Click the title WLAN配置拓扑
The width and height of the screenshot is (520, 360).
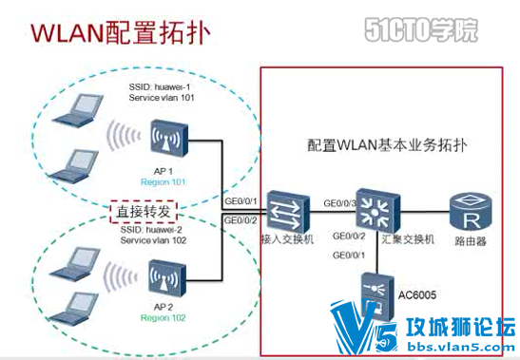coord(118,31)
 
